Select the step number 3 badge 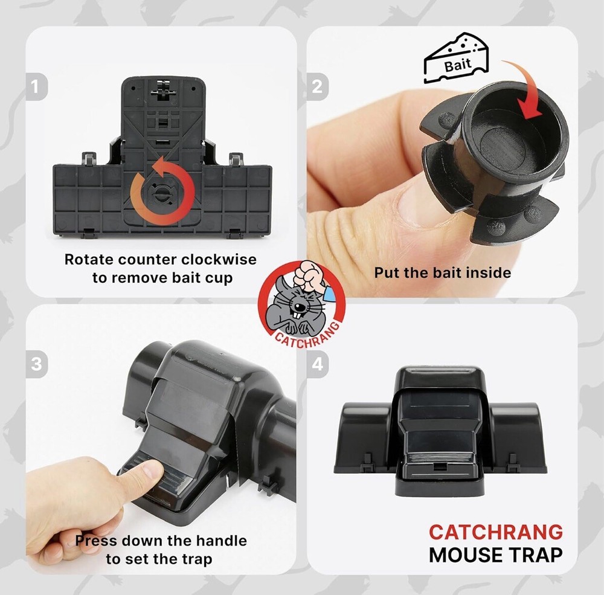tap(36, 365)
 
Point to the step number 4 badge tap(317, 365)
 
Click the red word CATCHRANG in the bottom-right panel tap(495, 532)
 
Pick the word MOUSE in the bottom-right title tap(468, 555)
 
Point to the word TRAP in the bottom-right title tap(538, 555)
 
